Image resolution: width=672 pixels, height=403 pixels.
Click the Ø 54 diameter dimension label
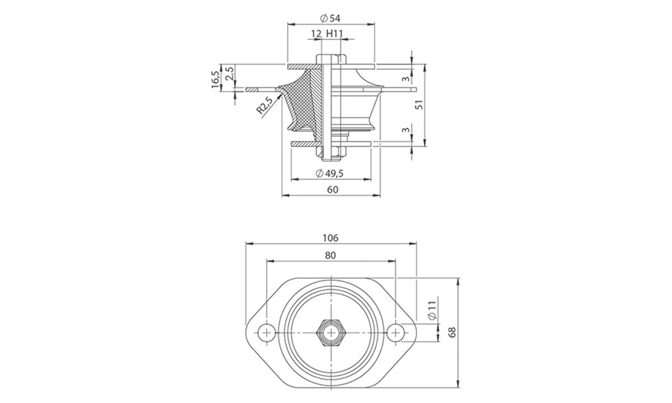click(x=330, y=18)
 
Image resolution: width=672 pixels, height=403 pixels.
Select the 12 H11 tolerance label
click(x=326, y=34)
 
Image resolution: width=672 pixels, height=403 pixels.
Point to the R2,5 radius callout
click(x=265, y=106)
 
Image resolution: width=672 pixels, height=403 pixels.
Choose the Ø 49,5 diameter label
click(x=330, y=173)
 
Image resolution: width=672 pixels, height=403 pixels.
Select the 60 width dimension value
click(x=332, y=190)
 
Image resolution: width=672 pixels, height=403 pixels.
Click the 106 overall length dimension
click(x=330, y=238)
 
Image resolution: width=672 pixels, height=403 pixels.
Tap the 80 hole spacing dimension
click(x=330, y=255)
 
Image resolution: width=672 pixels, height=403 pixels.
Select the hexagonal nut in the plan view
click(x=330, y=332)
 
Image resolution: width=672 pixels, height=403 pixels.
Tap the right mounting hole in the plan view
click(x=396, y=332)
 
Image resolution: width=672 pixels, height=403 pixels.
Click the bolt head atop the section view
click(x=331, y=59)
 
